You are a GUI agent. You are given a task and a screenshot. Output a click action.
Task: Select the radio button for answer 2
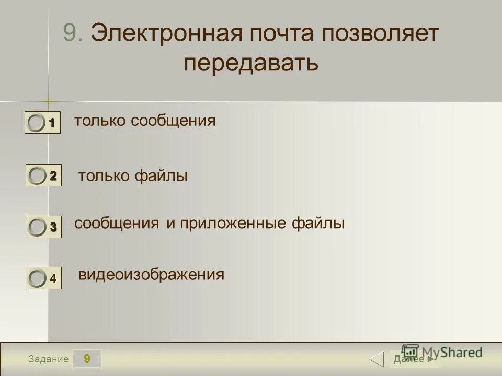[37, 176]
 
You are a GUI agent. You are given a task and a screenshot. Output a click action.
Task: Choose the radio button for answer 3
[37, 227]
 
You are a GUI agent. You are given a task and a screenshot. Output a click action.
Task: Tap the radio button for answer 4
[37, 279]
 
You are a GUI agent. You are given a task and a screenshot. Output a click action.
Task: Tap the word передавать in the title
[251, 63]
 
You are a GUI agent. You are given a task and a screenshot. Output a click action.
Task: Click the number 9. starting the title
[73, 33]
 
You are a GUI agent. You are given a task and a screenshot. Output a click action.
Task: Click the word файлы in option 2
[162, 177]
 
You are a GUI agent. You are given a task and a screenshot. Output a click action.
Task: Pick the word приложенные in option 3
[233, 224]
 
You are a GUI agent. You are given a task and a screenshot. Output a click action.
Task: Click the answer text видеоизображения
[151, 275]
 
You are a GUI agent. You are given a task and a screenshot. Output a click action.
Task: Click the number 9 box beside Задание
[86, 359]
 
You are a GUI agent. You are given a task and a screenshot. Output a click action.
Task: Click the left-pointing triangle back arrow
[377, 359]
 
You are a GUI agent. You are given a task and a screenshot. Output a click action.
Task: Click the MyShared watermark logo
[442, 352]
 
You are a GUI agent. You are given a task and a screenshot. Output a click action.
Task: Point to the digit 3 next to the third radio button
[53, 227]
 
